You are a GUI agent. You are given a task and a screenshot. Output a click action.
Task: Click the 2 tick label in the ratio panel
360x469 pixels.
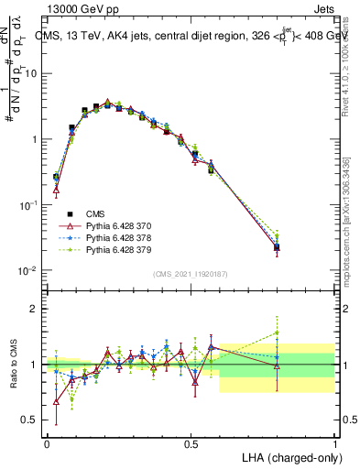[36, 309]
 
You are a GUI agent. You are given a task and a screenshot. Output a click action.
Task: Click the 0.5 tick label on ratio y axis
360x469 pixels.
[31, 420]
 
